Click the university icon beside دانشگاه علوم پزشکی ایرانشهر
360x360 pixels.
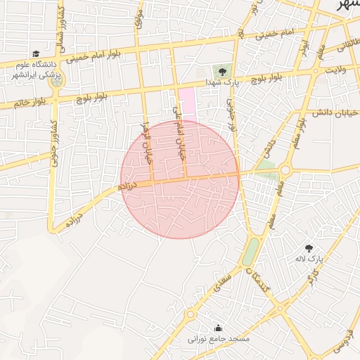pos(36,54)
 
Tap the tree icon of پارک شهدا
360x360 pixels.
pos(222,71)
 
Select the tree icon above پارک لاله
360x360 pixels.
pos(309,247)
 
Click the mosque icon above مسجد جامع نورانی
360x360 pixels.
pos(218,327)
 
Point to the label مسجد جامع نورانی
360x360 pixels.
pos(219,339)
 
